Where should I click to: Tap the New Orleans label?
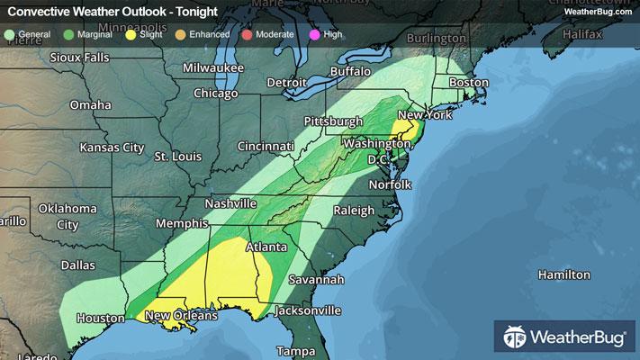(181, 316)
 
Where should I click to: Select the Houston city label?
(100, 318)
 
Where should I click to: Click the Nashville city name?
(230, 204)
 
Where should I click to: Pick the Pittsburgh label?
(332, 121)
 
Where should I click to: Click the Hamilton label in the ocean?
(563, 274)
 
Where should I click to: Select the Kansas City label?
(112, 147)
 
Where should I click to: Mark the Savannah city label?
(316, 280)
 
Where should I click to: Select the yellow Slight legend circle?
(131, 34)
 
